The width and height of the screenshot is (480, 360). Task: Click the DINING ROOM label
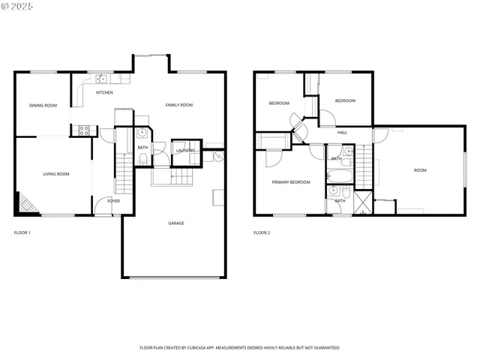click(43, 106)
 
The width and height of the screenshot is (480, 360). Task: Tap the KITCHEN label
click(104, 92)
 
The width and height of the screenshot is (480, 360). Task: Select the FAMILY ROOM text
click(179, 105)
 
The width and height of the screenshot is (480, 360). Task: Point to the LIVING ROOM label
click(55, 174)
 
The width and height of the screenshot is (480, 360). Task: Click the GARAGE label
click(175, 223)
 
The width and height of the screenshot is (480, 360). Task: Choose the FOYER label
click(113, 201)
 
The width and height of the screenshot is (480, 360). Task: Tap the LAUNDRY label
click(185, 150)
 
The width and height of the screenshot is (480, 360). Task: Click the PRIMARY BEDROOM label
click(291, 182)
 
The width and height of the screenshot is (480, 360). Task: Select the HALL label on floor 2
click(342, 133)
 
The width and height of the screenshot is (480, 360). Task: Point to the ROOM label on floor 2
click(420, 170)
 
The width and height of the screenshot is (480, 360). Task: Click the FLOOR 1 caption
click(22, 233)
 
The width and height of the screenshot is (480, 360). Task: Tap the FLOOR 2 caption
click(262, 233)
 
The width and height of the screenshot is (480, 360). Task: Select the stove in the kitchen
click(84, 130)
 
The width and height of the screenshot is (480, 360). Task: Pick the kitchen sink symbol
click(103, 78)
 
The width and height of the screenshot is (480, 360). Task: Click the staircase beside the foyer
click(123, 172)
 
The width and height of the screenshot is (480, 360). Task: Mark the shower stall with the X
click(363, 203)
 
